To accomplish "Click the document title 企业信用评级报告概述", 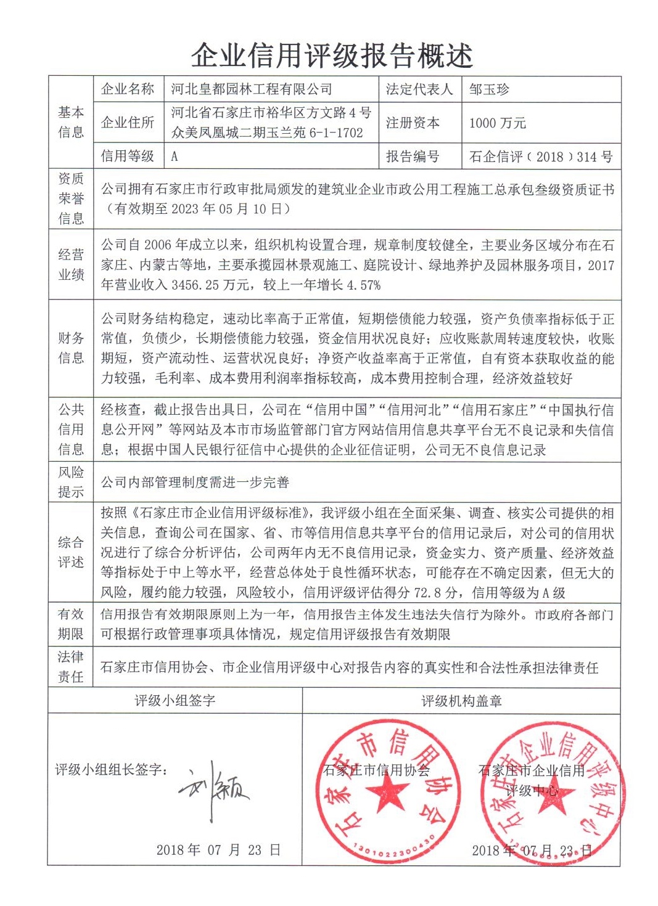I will pos(332,56).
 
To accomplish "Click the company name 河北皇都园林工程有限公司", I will pos(252,90).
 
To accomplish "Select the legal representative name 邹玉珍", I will pos(489,90).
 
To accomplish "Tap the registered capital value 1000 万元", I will pos(497,123).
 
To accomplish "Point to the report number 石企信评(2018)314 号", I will pos(541,157).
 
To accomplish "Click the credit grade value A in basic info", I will pos(175,157).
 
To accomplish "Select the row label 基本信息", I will pos(71,122).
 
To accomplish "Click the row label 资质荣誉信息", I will pos(71,198).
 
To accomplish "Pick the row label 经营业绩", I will pos(71,264).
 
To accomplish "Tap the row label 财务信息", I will pos(71,348).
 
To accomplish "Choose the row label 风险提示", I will pos(71,482).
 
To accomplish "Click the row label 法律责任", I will pos(71,667).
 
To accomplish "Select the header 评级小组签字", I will pos(175,701).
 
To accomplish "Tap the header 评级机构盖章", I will pos(461,701).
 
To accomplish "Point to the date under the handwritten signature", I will pos(218,851).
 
